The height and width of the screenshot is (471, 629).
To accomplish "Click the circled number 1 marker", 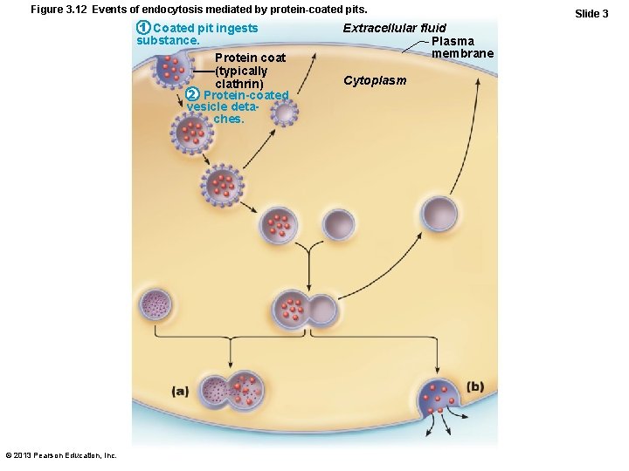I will [144, 29].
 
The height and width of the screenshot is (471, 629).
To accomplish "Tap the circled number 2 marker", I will [194, 94].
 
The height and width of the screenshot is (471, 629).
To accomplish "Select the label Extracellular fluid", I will [394, 29].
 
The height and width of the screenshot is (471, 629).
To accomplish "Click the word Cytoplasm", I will [375, 81].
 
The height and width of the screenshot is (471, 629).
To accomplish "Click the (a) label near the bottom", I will [180, 391].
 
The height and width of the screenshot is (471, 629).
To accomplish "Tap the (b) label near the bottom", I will [474, 386].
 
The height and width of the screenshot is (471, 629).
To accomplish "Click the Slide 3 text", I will [591, 13].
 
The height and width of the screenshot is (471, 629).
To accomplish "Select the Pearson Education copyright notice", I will [61, 455].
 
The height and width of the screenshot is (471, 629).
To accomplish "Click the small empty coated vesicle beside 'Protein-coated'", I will [284, 112].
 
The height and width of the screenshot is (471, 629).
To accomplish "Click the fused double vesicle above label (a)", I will [232, 392].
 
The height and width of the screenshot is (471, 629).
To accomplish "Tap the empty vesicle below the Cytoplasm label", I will [339, 224].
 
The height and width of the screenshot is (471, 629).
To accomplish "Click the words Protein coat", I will [250, 58].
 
